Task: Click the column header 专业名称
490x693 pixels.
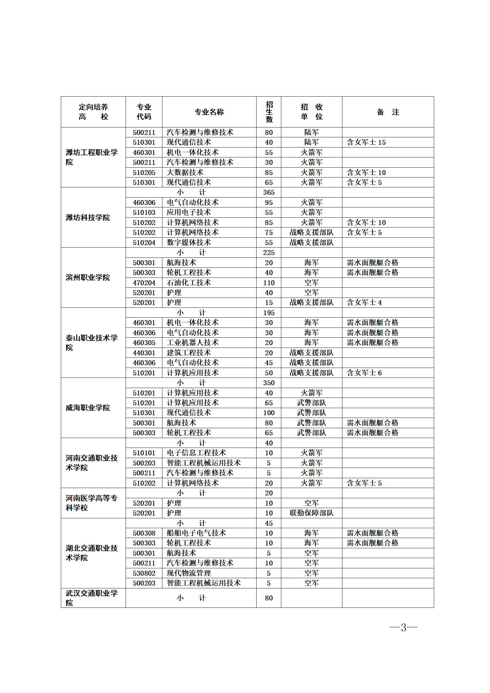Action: pos(209,112)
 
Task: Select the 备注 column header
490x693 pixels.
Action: pos(388,112)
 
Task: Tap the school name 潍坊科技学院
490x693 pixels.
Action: pos(88,218)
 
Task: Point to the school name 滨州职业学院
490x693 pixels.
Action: pos(88,278)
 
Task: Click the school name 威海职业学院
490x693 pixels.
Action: pos(88,408)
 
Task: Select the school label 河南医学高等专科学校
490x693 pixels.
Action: pos(91,503)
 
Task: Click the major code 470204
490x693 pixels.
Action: pos(144,283)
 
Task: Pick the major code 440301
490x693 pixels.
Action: pos(144,353)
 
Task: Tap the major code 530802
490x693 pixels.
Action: pos(144,573)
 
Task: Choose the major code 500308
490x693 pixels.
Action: pos(144,533)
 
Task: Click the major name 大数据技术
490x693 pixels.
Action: pos(185,173)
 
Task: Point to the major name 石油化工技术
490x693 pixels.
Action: pos(189,283)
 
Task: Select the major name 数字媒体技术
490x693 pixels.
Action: pos(189,243)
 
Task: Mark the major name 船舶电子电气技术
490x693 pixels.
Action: pos(196,533)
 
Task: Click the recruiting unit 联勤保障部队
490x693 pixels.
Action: pos(312,513)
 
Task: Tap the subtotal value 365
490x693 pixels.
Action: pos(269,192)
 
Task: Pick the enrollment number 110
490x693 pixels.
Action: pos(269,283)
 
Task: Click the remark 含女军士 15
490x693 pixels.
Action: pos(366,142)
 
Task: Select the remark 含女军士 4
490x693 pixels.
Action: pos(364,303)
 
